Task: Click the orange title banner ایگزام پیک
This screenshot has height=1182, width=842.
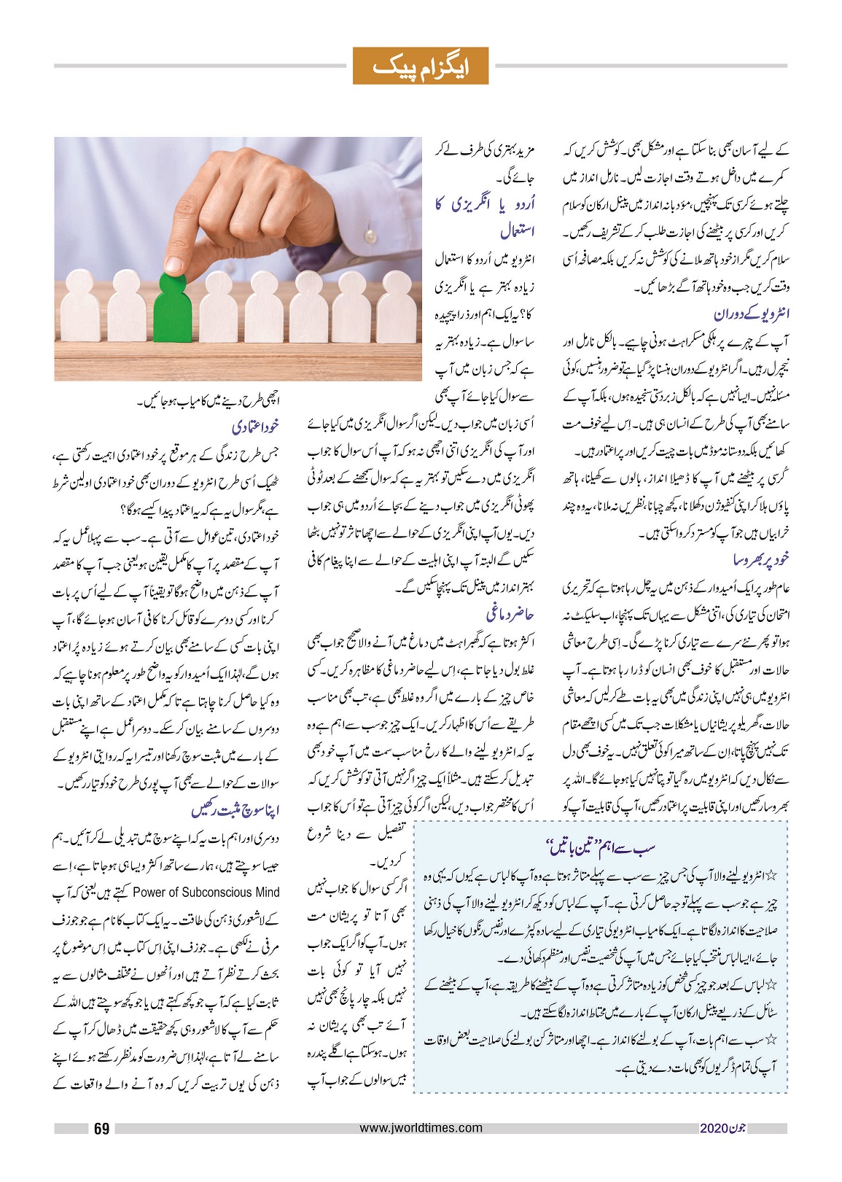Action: coord(420,66)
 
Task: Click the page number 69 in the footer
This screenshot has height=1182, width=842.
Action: coord(101,1129)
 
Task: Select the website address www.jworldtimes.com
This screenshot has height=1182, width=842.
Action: coord(421,1127)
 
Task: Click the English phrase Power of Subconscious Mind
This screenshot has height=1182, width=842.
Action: coord(206,892)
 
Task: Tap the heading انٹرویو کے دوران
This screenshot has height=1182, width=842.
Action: coord(752,314)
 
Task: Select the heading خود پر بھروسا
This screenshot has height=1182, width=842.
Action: coord(761,560)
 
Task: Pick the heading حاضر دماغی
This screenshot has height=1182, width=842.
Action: coord(510,614)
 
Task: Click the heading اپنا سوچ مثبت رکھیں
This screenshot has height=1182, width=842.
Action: coord(235,810)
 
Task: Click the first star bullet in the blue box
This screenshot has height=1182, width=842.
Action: coord(772,874)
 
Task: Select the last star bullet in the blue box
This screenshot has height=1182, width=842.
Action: coord(772,1036)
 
